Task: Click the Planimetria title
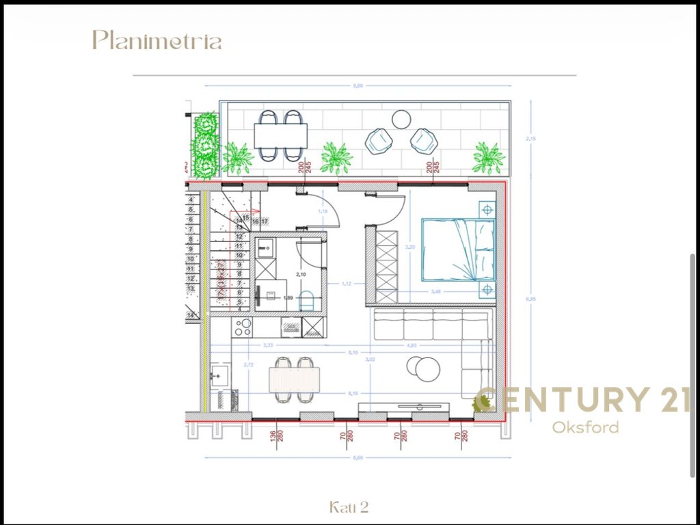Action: coord(157,40)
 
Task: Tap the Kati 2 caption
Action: coord(349,507)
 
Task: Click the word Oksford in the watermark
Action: coord(585,428)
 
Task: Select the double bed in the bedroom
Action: coord(457,250)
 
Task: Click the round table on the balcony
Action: coord(401,120)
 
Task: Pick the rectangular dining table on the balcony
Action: coord(280,135)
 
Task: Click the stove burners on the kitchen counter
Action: coord(242,327)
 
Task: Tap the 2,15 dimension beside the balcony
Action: coord(530,139)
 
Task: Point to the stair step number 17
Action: coord(263,221)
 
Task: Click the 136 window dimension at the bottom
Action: coord(273,435)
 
